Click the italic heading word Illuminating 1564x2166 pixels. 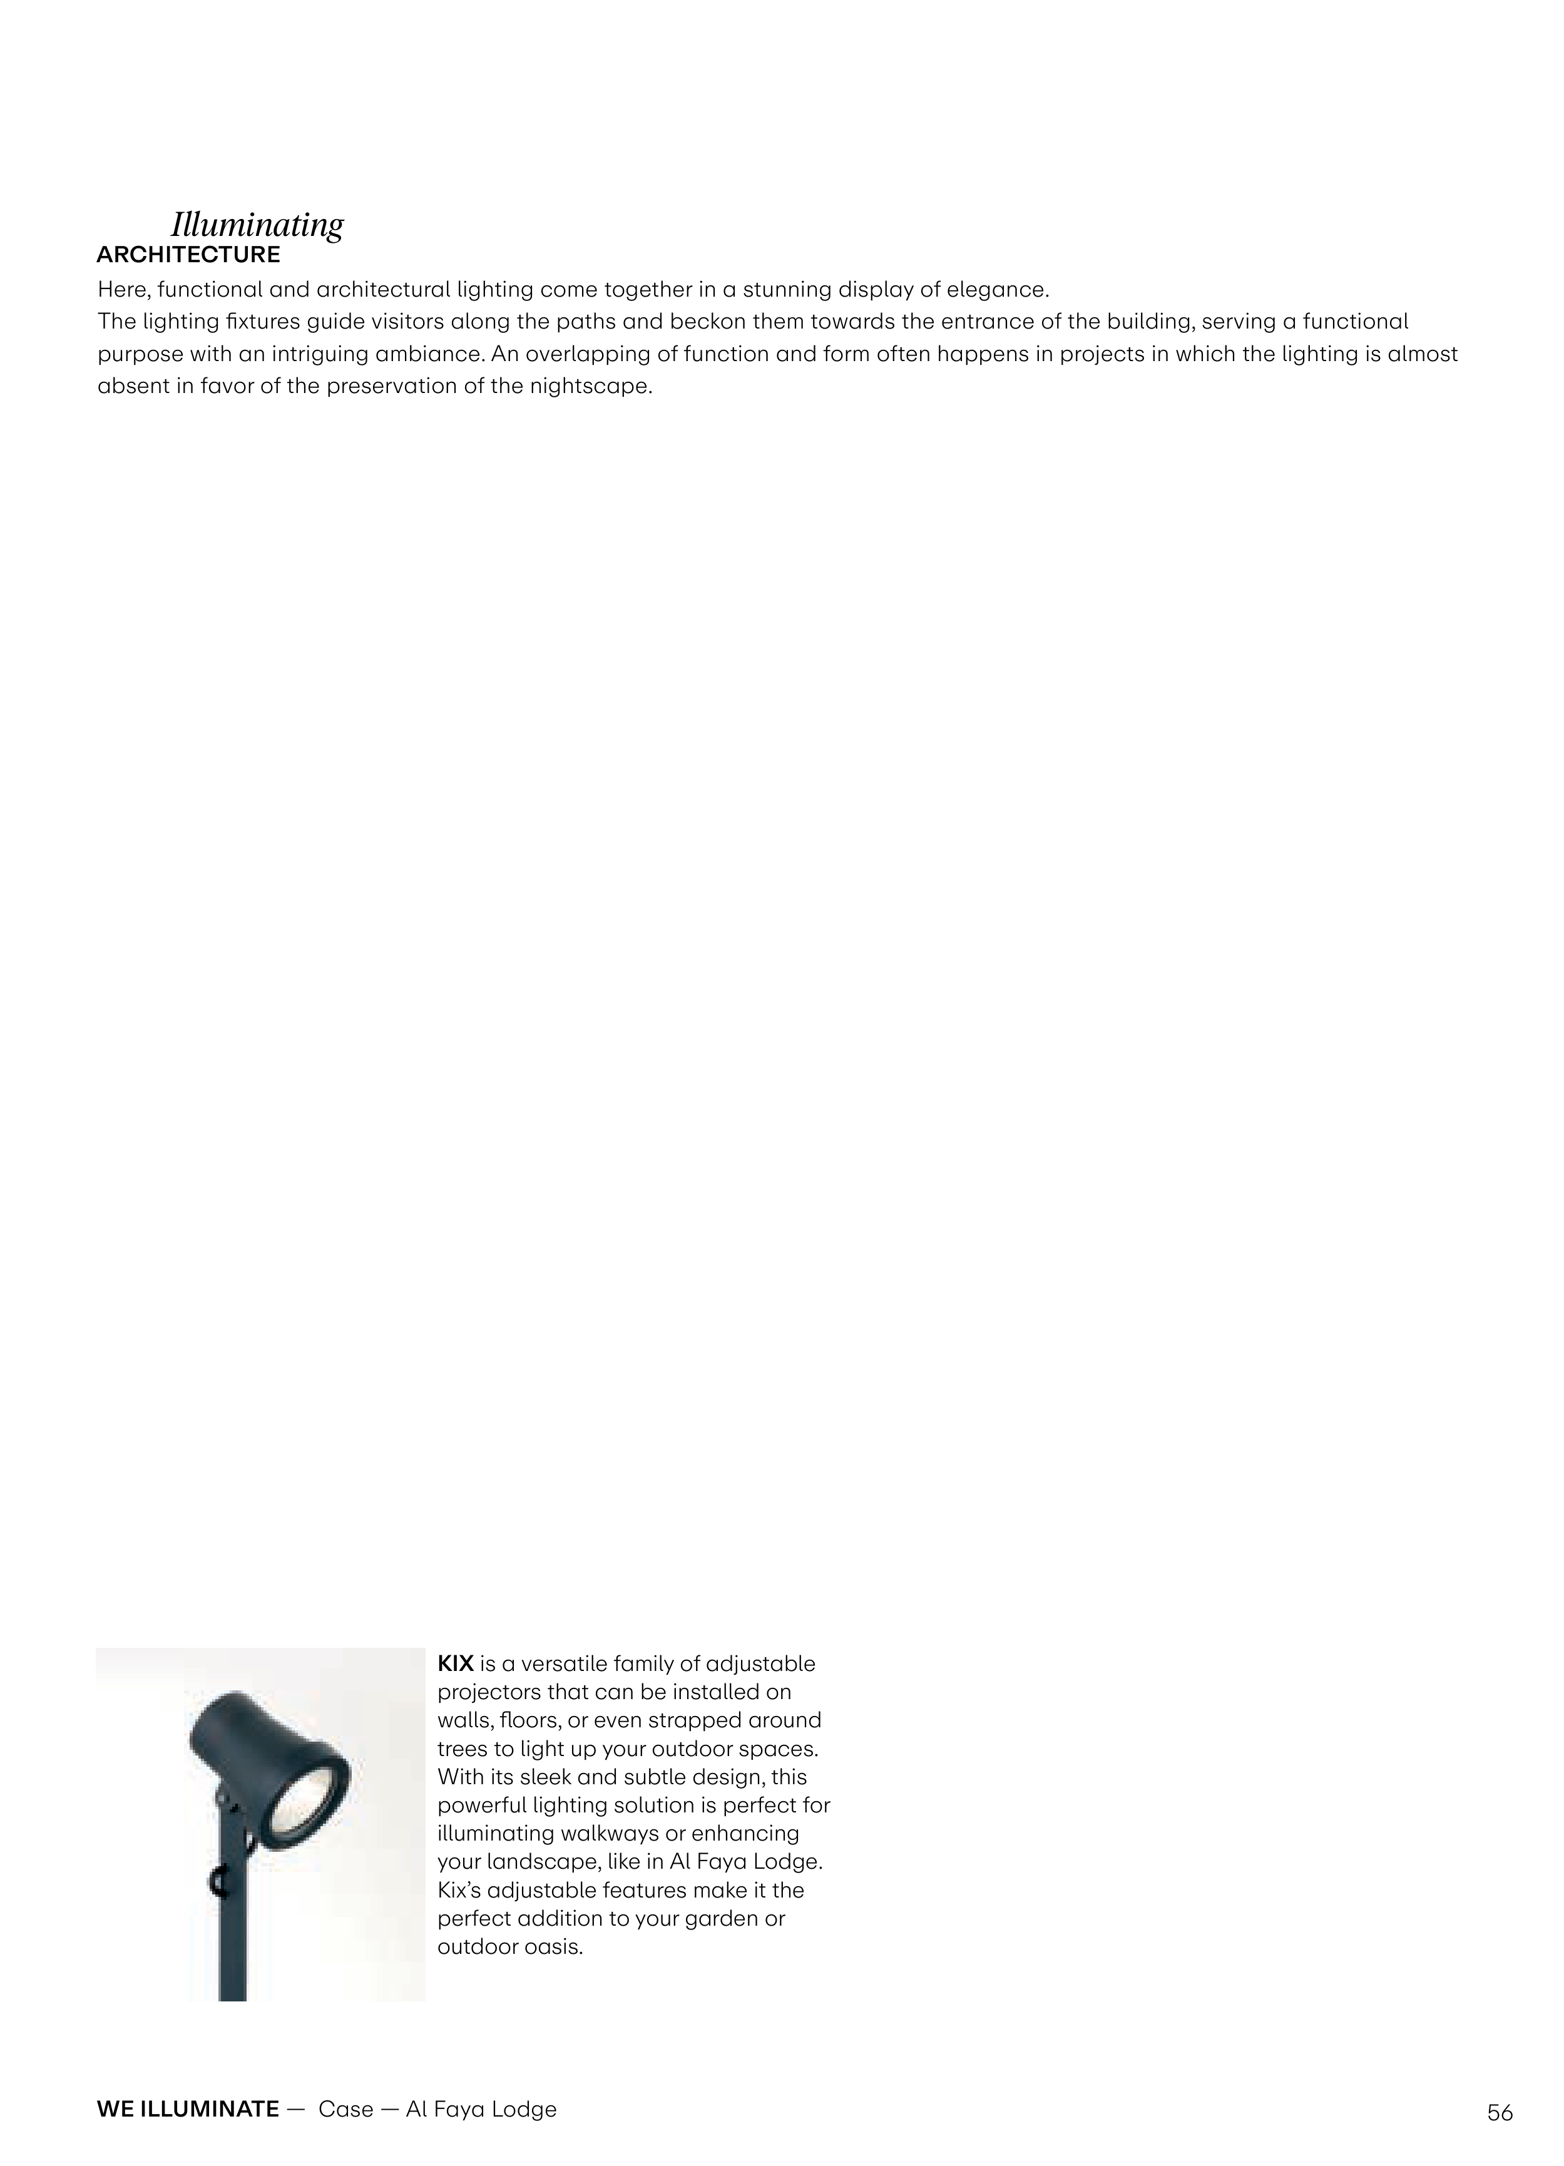(257, 225)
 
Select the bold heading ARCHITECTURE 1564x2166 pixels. (188, 255)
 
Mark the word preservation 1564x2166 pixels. (380, 388)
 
